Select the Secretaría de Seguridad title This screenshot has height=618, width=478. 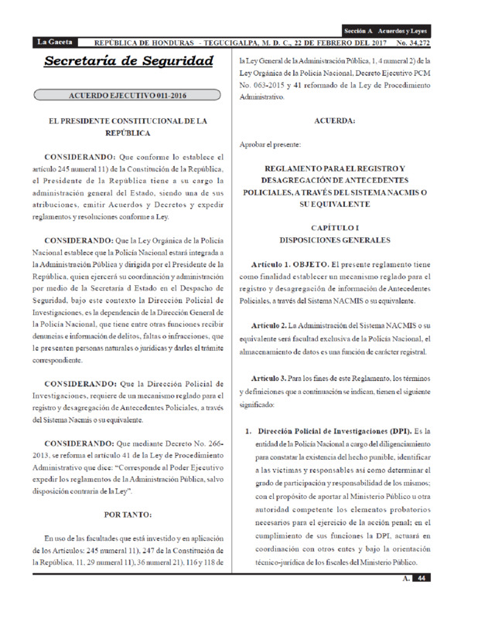pos(128,61)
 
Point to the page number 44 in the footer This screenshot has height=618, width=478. pos(421,578)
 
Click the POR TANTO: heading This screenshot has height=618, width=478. pos(128,514)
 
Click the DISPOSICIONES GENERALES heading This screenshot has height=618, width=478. pos(336,242)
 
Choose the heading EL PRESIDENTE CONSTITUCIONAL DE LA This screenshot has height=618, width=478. pos(128,121)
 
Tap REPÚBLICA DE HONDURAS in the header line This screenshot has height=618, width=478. pos(143,41)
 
